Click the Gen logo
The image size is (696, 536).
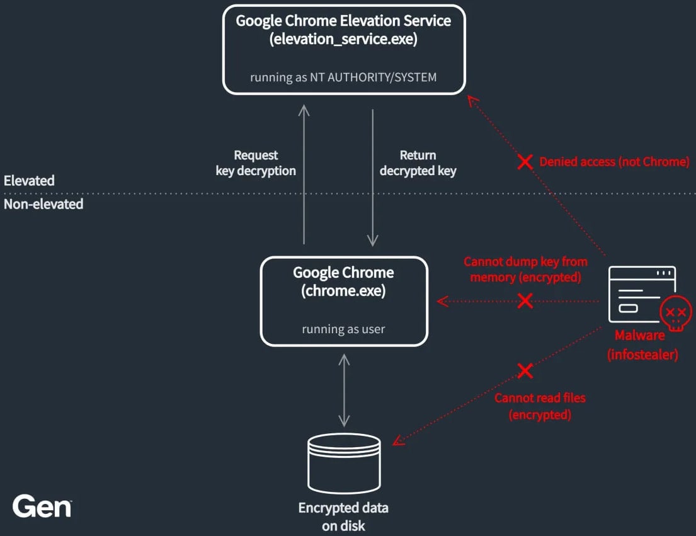[42, 506]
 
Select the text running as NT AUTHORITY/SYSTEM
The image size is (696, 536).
[343, 77]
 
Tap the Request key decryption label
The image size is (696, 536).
[256, 163]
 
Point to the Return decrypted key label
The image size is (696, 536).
[418, 163]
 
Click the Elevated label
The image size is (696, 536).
[29, 181]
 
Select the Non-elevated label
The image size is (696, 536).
[43, 204]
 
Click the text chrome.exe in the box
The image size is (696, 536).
[343, 292]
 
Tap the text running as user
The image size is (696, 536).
[343, 329]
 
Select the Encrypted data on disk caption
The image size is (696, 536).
[343, 516]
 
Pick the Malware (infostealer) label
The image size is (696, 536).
[642, 345]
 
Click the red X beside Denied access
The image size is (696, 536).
[525, 162]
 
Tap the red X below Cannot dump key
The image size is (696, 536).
[525, 300]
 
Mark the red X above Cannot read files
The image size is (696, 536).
[525, 371]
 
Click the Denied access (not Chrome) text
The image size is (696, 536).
[614, 162]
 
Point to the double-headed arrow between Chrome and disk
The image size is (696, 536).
[344, 390]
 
